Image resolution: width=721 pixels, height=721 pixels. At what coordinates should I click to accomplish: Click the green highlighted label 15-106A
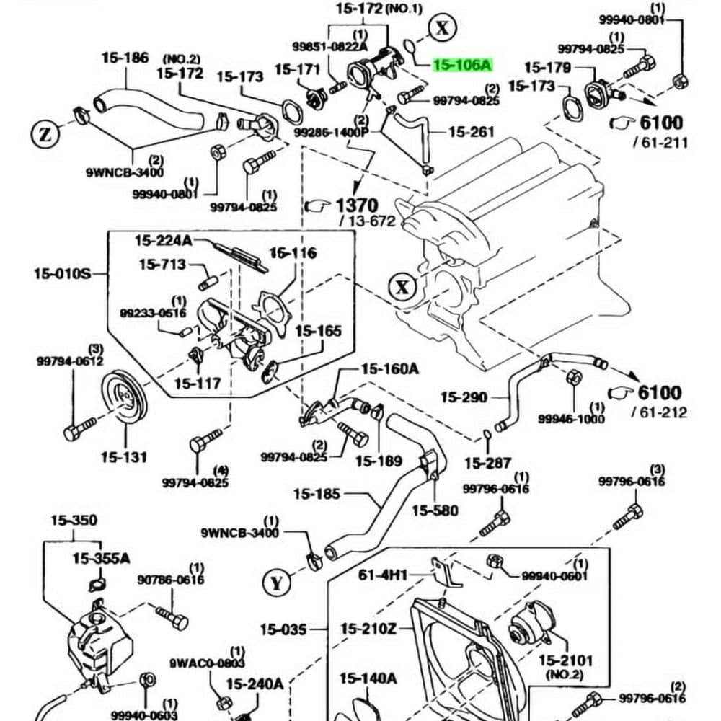[x=462, y=66]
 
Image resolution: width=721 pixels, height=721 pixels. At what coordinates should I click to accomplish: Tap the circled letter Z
[x=45, y=133]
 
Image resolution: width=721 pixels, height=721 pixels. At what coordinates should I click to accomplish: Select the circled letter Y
[x=276, y=583]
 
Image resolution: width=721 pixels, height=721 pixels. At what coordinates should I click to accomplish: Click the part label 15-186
[x=125, y=58]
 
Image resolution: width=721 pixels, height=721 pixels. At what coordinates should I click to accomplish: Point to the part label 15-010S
[x=62, y=273]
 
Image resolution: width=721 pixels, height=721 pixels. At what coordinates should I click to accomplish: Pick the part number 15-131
[x=124, y=456]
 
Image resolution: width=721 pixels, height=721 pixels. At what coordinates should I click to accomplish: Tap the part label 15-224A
[x=164, y=239]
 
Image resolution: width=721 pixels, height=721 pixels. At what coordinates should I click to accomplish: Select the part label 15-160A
[x=389, y=369]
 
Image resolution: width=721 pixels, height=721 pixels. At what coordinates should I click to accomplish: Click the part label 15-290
[x=464, y=397]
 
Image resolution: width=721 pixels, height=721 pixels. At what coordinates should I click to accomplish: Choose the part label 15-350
[x=74, y=520]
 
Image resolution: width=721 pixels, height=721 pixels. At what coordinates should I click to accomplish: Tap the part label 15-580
[x=435, y=510]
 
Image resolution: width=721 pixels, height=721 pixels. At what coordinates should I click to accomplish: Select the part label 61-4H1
[x=383, y=575]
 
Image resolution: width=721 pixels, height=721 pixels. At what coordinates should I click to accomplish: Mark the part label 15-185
[x=317, y=495]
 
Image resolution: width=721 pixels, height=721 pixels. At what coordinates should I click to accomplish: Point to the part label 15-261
[x=472, y=132]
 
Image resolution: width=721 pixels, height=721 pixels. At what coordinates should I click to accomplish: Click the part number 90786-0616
[x=171, y=579]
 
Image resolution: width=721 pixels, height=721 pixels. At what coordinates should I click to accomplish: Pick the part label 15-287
[x=488, y=463]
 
